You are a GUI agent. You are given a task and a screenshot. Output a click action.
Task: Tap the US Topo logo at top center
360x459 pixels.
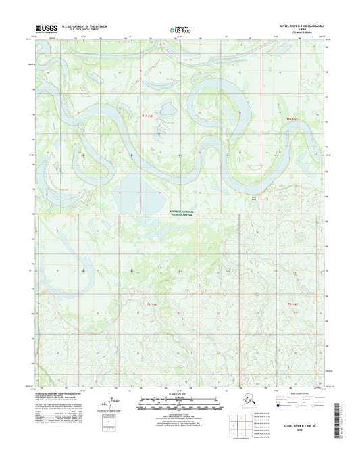[x=179, y=29]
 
